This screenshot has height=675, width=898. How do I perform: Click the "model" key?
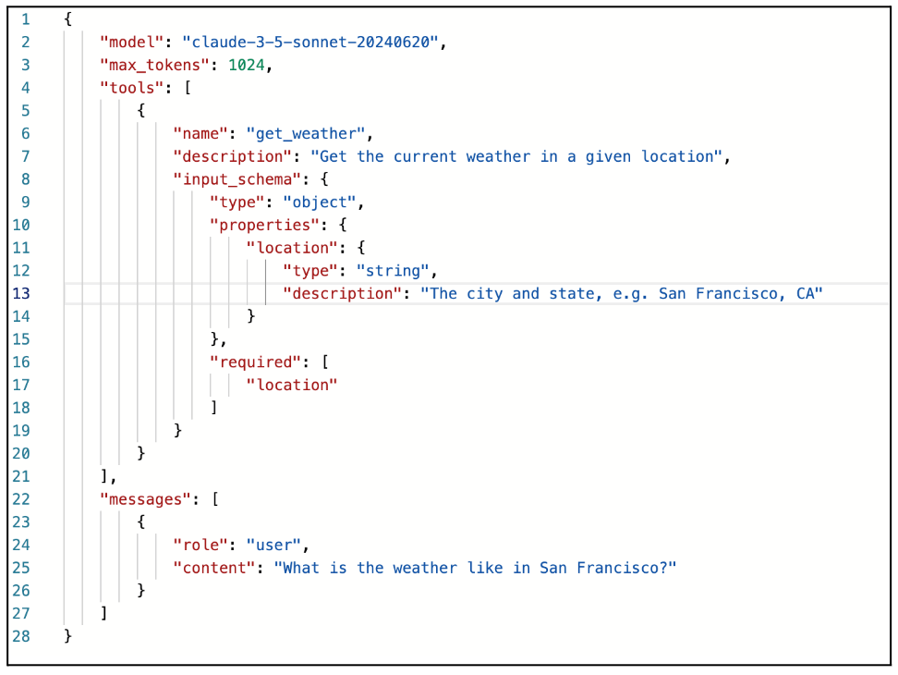(x=131, y=43)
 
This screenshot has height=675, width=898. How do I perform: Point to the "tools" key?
(x=131, y=88)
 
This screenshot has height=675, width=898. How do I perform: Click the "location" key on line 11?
(x=291, y=248)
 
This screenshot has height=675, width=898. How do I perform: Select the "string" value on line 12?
(x=395, y=271)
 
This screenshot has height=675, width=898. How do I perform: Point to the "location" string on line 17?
(x=291, y=385)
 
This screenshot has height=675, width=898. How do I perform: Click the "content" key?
(x=213, y=568)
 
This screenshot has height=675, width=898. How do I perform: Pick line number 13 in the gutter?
(x=21, y=293)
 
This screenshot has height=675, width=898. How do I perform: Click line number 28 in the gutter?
(x=21, y=636)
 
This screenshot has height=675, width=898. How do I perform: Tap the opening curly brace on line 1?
(x=67, y=19)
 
